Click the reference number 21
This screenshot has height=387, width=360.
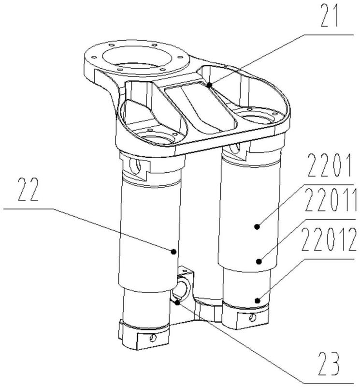click(x=330, y=15)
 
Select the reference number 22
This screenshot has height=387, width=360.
click(x=29, y=190)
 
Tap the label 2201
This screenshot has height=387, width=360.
click(x=330, y=165)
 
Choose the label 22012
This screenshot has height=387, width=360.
click(x=329, y=239)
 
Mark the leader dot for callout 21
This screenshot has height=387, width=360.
click(x=209, y=85)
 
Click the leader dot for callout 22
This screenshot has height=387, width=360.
click(x=173, y=252)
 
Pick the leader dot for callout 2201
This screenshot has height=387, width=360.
click(x=257, y=226)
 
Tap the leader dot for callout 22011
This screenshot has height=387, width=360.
click(x=259, y=261)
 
